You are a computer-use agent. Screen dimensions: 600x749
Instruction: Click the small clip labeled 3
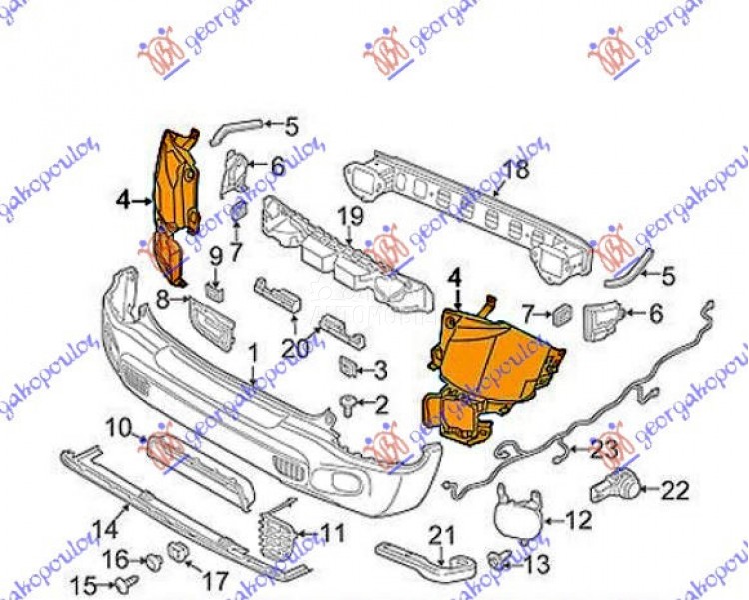click(x=349, y=367)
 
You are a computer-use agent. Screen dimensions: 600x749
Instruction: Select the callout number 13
click(x=536, y=564)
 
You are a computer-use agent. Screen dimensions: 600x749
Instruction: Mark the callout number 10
click(x=119, y=429)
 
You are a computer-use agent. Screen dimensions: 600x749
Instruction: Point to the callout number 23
click(x=605, y=450)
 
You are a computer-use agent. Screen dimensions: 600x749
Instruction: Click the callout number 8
click(x=162, y=295)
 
